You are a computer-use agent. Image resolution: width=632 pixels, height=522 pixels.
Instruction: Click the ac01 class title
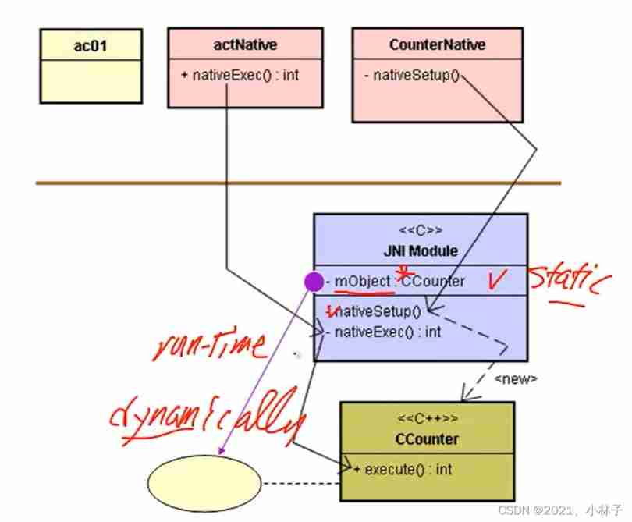(x=91, y=45)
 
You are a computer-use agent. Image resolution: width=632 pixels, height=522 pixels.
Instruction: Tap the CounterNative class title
(x=437, y=45)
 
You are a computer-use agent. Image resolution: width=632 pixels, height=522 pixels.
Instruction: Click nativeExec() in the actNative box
(x=240, y=76)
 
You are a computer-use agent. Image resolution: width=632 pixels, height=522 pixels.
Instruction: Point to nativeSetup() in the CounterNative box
(x=412, y=76)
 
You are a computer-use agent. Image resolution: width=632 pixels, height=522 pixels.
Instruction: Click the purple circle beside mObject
(x=314, y=280)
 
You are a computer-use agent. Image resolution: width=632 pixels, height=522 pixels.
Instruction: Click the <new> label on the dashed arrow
(x=516, y=378)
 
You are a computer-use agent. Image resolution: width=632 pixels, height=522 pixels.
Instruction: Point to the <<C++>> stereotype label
(x=426, y=420)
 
